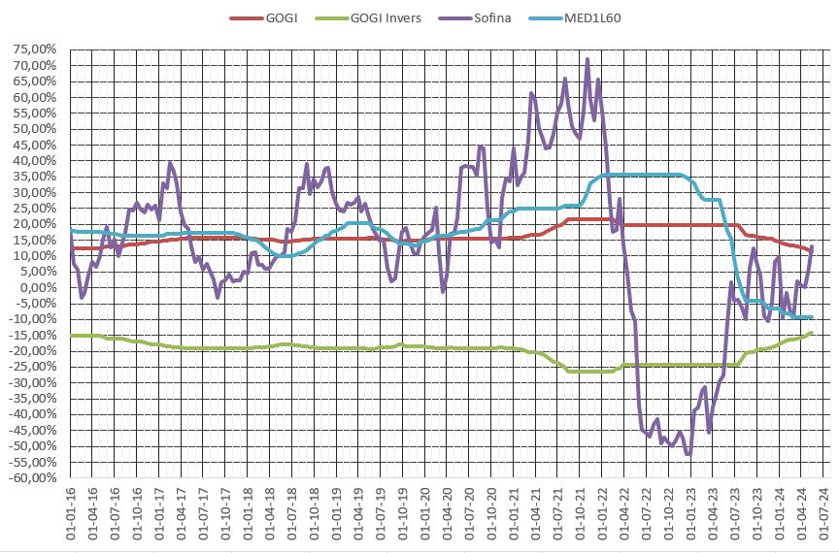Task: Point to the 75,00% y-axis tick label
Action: [x=35, y=49]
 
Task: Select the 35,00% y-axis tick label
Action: [x=35, y=176]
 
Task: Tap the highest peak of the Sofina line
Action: [x=587, y=59]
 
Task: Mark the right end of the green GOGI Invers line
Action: [x=811, y=334]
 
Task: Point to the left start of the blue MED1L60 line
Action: [x=71, y=230]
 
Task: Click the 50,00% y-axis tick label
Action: [x=35, y=128]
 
